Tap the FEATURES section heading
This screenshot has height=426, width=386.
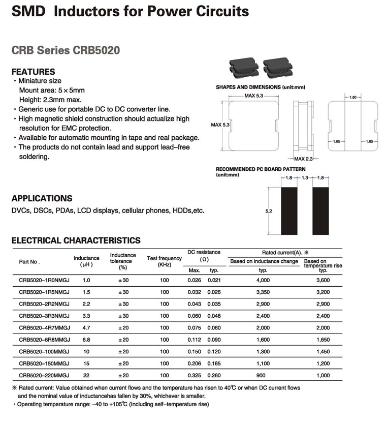click(33, 72)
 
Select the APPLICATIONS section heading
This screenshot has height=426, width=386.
click(42, 198)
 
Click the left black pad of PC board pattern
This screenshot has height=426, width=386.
click(289, 210)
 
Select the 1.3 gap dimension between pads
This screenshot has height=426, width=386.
click(305, 178)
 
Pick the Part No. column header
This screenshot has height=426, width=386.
click(29, 262)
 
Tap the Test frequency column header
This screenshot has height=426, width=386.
click(164, 261)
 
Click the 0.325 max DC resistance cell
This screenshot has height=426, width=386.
click(194, 375)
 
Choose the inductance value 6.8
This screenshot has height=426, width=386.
click(86, 340)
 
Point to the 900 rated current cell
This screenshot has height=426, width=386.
click(263, 375)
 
